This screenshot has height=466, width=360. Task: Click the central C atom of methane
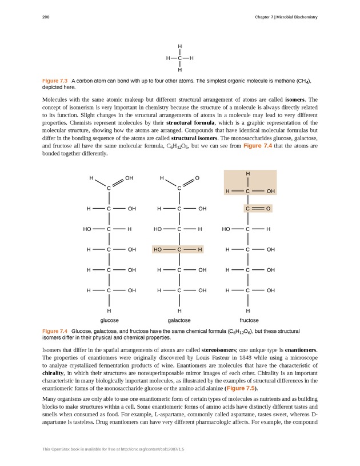(x=179, y=58)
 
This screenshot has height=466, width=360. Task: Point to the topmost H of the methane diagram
(x=179, y=46)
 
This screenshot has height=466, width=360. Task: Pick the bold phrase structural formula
(x=190, y=123)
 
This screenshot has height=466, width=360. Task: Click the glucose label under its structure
(x=109, y=320)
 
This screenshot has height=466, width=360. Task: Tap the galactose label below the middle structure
(x=179, y=320)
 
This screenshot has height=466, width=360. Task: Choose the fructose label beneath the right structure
(x=249, y=320)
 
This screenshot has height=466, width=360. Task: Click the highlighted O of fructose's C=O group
(x=267, y=208)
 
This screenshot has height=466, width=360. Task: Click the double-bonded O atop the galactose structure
(x=197, y=178)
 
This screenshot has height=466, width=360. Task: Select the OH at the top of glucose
(x=129, y=178)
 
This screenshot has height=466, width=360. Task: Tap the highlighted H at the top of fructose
(x=248, y=173)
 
